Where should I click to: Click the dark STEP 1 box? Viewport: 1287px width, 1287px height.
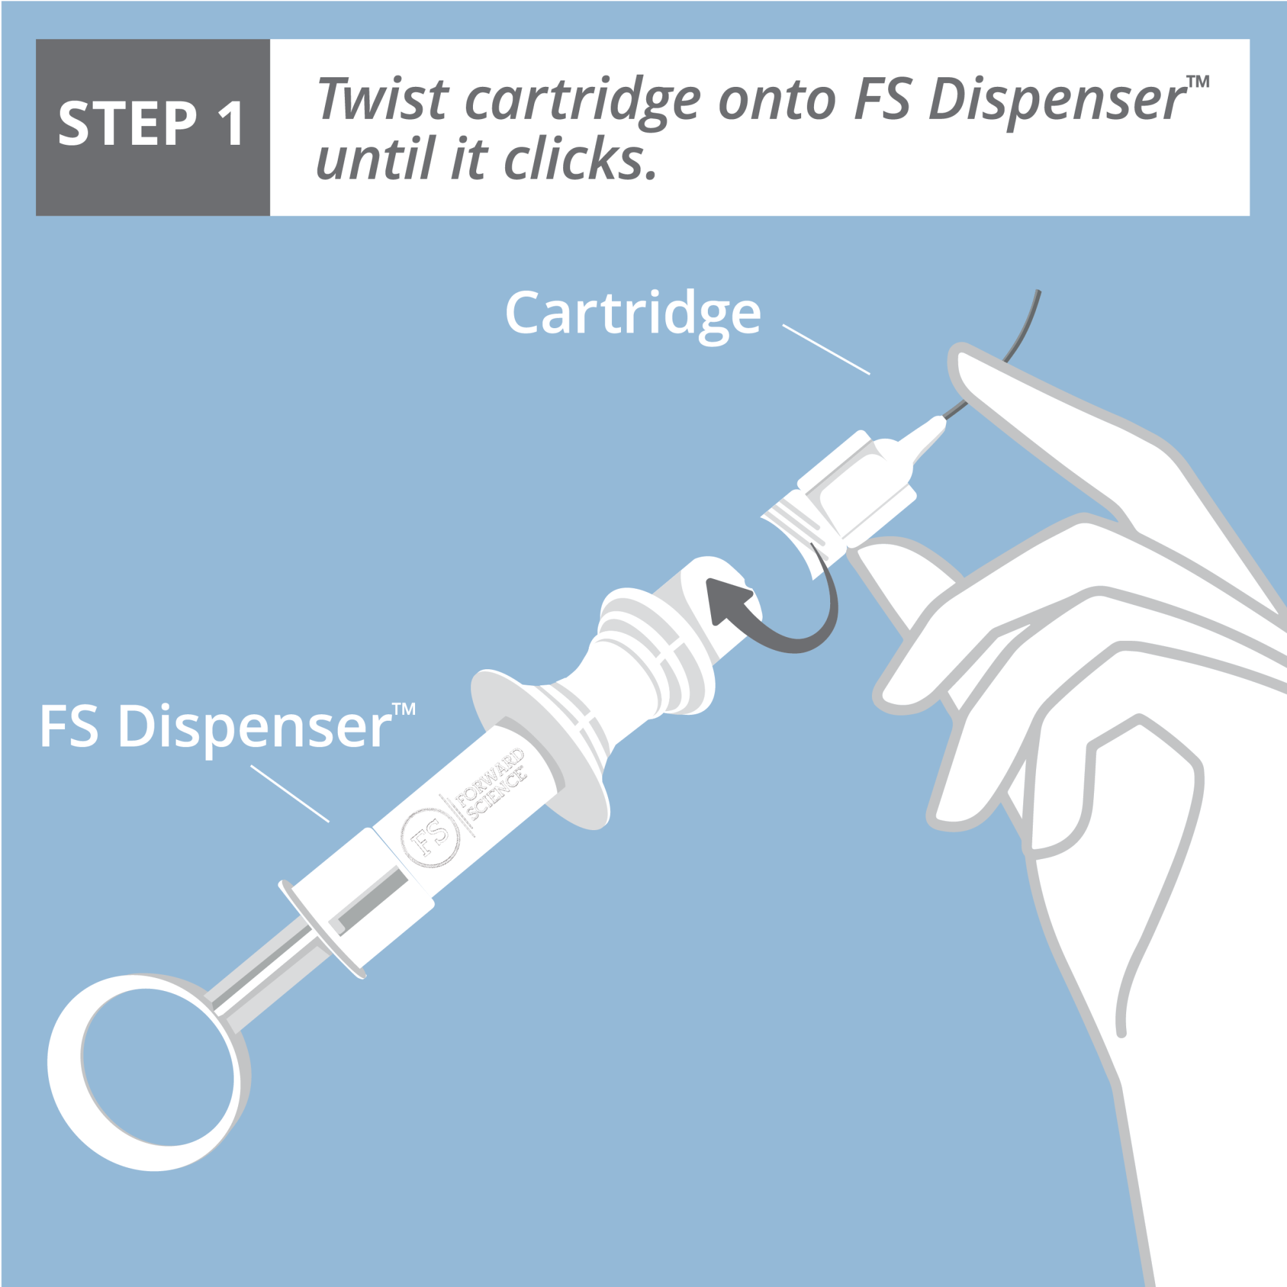tap(153, 127)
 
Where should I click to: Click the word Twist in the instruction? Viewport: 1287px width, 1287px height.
tap(382, 100)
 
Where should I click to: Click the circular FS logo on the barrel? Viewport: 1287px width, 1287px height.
tap(431, 838)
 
